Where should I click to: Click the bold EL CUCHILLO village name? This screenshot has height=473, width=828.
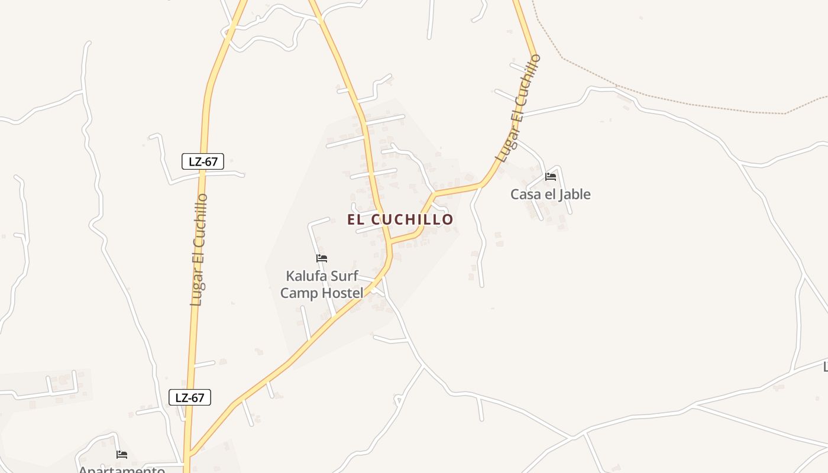[400, 219]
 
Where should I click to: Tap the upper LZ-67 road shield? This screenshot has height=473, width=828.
[203, 161]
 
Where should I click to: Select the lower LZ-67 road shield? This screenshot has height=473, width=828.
[190, 397]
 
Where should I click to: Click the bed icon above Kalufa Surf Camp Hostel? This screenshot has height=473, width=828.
[322, 258]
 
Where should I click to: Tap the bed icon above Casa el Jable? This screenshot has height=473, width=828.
[551, 177]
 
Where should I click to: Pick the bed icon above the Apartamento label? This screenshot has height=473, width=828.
[122, 455]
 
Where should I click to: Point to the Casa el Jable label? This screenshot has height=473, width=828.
[550, 194]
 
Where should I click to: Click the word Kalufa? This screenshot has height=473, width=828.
[306, 276]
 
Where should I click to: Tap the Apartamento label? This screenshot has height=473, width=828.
[122, 469]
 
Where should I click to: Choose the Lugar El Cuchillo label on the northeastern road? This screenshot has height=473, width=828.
[519, 108]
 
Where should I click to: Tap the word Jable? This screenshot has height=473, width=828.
[571, 194]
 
